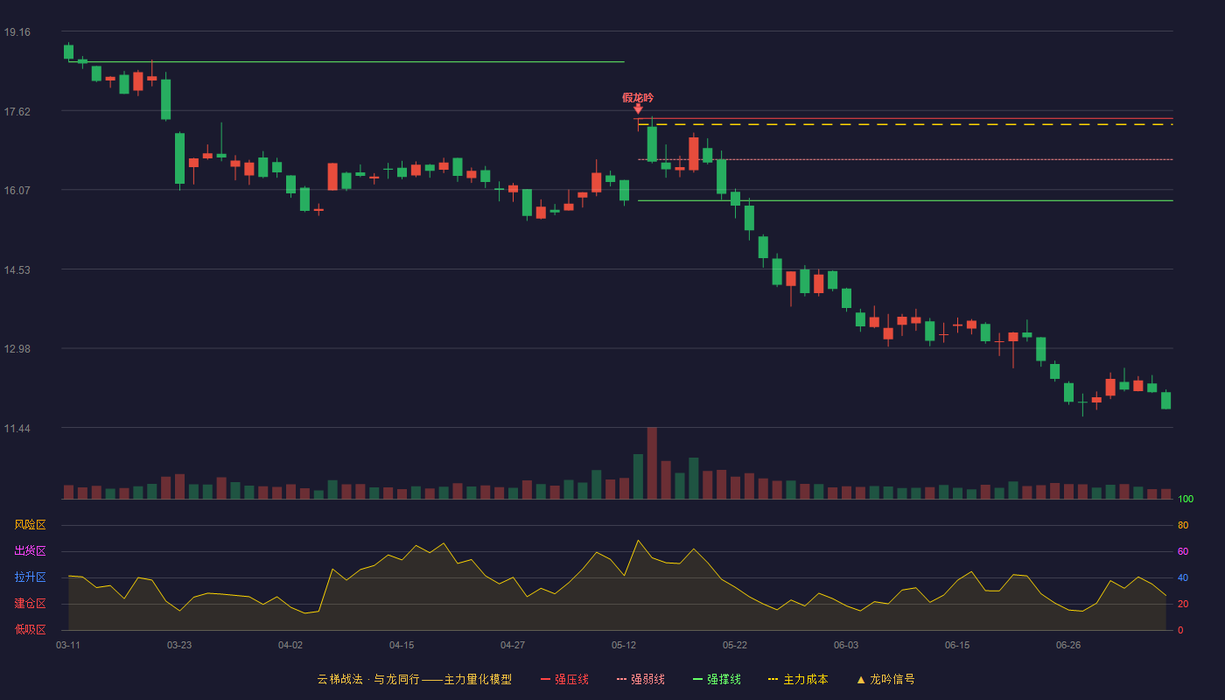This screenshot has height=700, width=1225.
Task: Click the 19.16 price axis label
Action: point(17,32)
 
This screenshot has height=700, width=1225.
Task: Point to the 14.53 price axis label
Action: point(17,270)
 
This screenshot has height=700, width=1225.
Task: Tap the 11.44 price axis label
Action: point(17,429)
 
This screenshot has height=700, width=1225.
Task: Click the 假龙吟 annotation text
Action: point(638,98)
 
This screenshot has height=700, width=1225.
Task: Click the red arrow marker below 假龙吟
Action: point(638,108)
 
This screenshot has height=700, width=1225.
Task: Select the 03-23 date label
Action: point(179,646)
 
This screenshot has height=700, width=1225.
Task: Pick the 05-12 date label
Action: point(624,646)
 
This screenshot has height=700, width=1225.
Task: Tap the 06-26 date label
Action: point(1068,646)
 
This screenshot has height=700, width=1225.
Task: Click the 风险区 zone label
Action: point(30,525)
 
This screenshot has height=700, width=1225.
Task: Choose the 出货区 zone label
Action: point(30,550)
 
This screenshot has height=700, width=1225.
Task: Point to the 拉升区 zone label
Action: point(30,577)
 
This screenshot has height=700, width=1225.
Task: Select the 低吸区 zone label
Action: point(30,629)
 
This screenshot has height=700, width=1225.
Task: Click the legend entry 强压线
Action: point(564,679)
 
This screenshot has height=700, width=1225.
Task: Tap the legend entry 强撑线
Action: point(717,679)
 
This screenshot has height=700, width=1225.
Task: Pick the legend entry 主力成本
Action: point(798,679)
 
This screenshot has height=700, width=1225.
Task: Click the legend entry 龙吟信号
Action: point(885,679)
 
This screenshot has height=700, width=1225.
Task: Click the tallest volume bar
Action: point(652,463)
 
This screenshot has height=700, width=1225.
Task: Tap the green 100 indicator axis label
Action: point(1186,499)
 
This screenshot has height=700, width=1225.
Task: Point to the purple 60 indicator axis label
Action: point(1183,551)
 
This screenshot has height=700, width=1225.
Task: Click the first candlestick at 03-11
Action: point(68,52)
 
